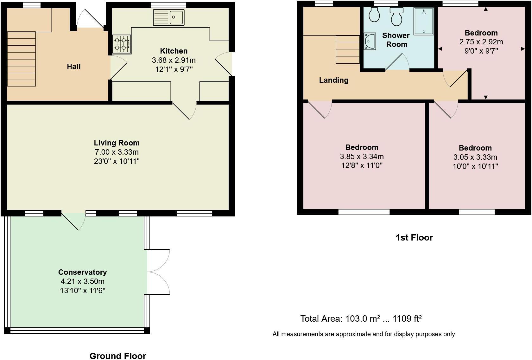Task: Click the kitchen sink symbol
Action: pyautogui.click(x=168, y=17)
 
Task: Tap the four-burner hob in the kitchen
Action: pyautogui.click(x=122, y=44)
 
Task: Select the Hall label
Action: pyautogui.click(x=73, y=67)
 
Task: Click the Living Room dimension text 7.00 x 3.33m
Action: pyautogui.click(x=117, y=152)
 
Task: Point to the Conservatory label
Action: pyautogui.click(x=82, y=272)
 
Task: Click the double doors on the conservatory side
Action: pyautogui.click(x=158, y=272)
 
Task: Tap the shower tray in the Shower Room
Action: pyautogui.click(x=423, y=21)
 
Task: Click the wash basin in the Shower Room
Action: pyautogui.click(x=369, y=41)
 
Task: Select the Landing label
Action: pyautogui.click(x=333, y=80)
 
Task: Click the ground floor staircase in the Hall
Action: pyautogui.click(x=21, y=59)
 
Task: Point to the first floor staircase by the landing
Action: pyautogui.click(x=347, y=49)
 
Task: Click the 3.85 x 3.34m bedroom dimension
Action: pyautogui.click(x=362, y=157)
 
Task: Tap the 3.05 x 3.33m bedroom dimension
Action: pyautogui.click(x=475, y=157)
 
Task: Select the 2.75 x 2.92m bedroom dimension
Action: pyautogui.click(x=481, y=42)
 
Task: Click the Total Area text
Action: pyautogui.click(x=361, y=318)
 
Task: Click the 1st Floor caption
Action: pyautogui.click(x=414, y=238)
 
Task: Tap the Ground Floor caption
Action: pyautogui.click(x=117, y=356)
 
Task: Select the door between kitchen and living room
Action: pyautogui.click(x=184, y=111)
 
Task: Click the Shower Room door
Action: pyautogui.click(x=396, y=62)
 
